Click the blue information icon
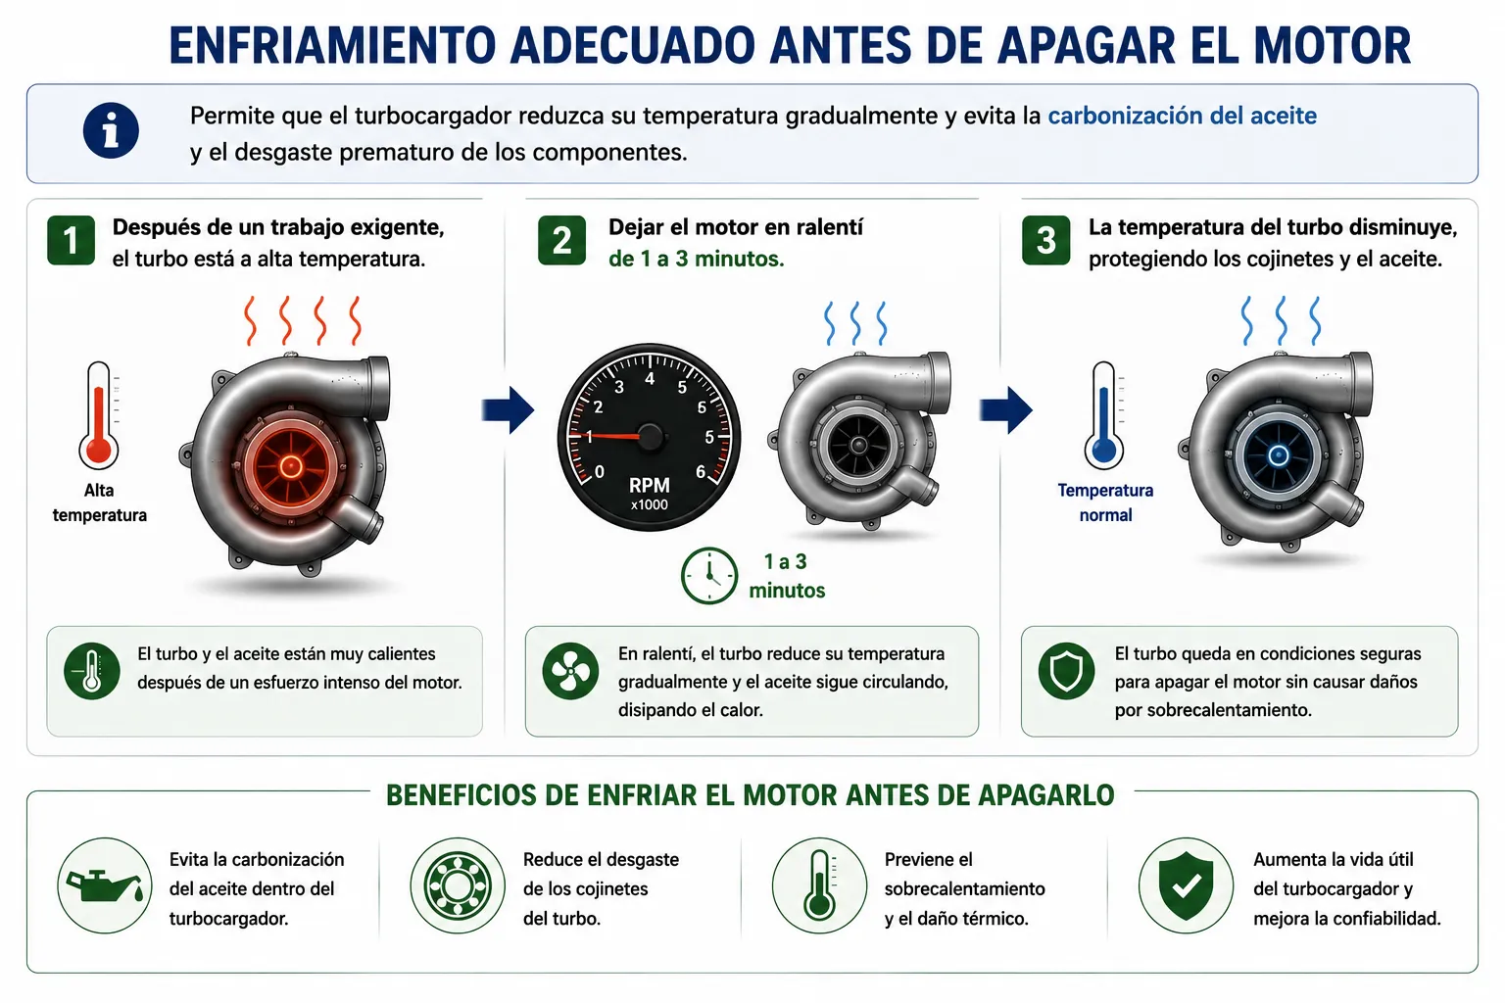(x=111, y=130)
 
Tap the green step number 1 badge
(x=71, y=241)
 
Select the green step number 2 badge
(x=561, y=241)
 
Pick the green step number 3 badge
(x=1045, y=241)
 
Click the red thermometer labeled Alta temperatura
(x=99, y=415)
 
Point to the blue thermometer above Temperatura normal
(x=1103, y=415)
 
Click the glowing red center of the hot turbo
(x=290, y=465)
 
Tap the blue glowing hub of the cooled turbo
(x=1279, y=456)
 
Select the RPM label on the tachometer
(x=649, y=485)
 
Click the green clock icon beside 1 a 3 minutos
(x=708, y=576)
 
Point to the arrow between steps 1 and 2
(x=508, y=409)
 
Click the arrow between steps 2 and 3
(x=1006, y=409)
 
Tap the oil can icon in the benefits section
(x=105, y=885)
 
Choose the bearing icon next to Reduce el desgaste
(x=458, y=885)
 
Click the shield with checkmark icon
(x=1186, y=885)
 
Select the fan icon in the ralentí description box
(x=570, y=671)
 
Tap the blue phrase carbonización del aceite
(x=1182, y=116)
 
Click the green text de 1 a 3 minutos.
(x=696, y=259)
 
